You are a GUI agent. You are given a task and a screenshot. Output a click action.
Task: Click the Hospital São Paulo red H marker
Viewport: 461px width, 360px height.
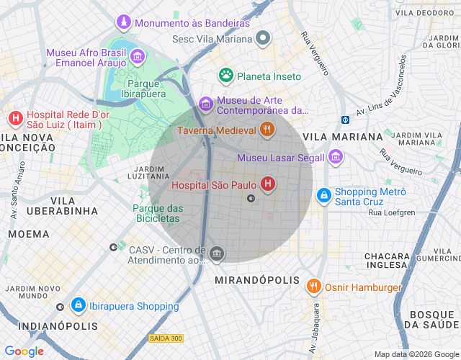point(268,185)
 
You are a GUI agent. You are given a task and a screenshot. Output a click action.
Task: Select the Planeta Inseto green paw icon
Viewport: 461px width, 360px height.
point(226,76)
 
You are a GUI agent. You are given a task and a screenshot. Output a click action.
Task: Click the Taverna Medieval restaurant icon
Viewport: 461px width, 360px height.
point(267,130)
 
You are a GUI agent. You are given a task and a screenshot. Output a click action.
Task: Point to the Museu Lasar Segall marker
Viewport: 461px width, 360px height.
point(335,157)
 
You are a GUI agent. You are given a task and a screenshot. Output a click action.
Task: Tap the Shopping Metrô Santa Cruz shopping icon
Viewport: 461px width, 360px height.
point(324,195)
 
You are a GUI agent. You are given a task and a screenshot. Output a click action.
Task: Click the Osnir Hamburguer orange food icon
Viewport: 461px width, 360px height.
point(313,287)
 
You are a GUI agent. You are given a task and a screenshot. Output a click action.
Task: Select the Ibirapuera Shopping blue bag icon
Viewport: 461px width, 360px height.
point(79,306)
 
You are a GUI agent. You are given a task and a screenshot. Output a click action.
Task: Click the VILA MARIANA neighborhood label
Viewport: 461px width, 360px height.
point(342,136)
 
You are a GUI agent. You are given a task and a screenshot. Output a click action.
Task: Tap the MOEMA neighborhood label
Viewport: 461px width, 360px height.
point(29,234)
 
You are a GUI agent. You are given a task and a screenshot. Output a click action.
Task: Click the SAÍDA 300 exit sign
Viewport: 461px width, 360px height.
point(166,338)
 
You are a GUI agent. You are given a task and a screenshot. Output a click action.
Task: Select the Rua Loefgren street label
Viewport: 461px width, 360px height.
point(391,212)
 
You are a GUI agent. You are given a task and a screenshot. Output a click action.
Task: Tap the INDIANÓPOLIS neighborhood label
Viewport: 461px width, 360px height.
point(48,326)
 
